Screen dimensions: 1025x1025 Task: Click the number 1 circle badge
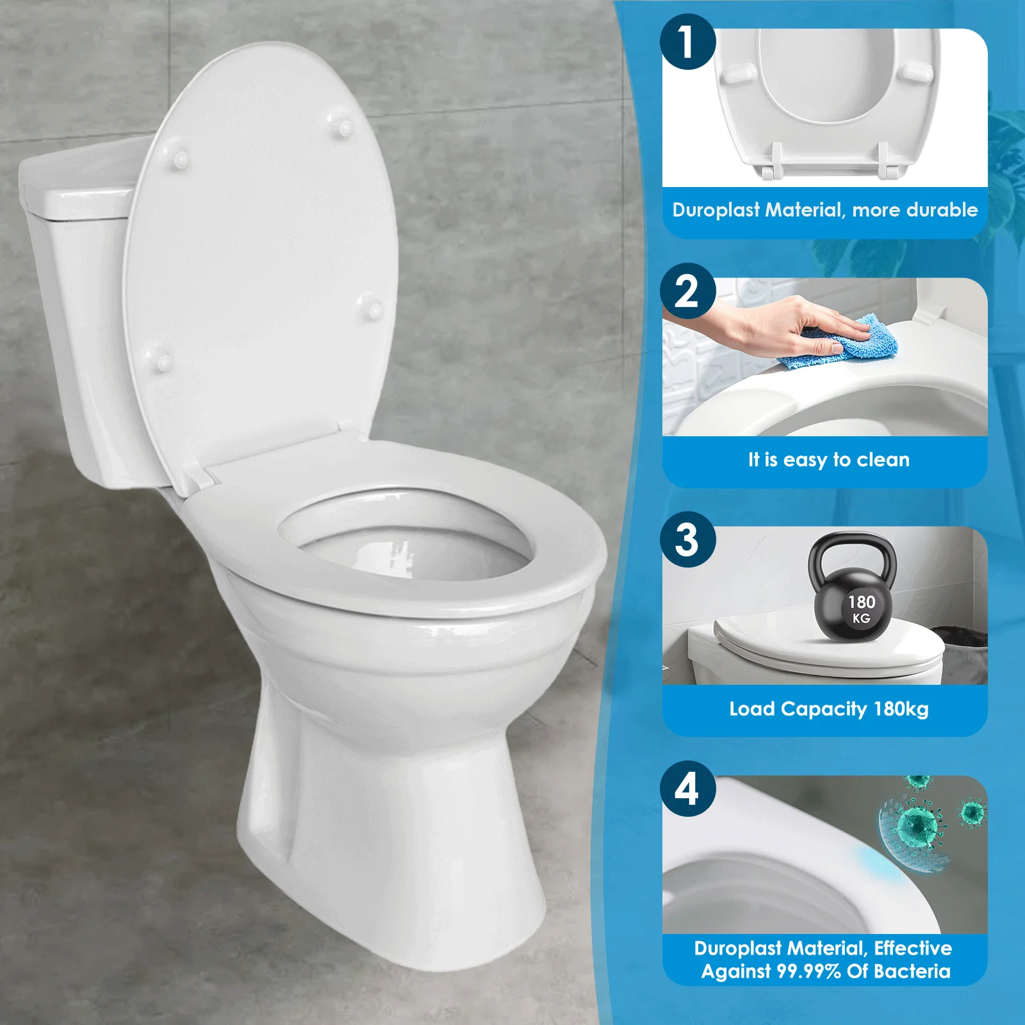(687, 42)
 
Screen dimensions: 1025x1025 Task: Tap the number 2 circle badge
(687, 291)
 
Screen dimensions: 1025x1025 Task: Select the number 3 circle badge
(687, 539)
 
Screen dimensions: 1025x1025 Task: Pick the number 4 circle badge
(687, 789)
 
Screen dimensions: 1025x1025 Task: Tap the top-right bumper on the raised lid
(343, 125)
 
